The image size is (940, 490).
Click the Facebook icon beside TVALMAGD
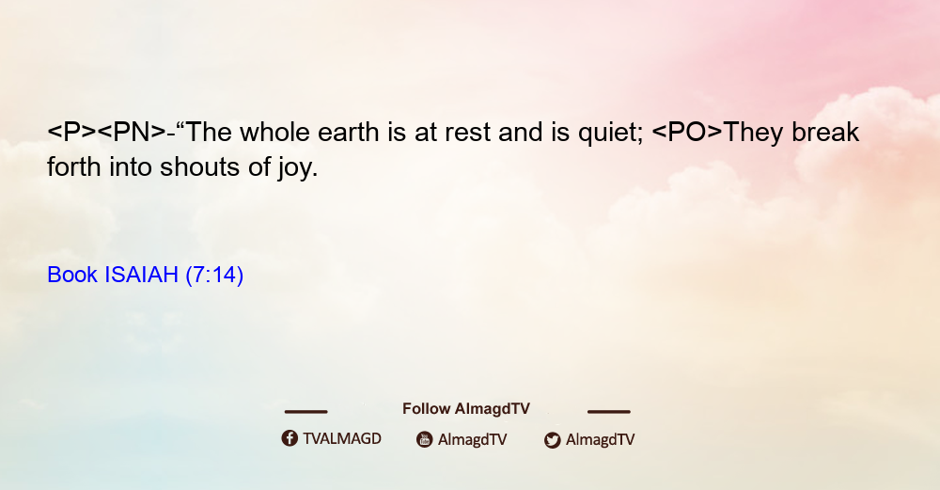tap(290, 438)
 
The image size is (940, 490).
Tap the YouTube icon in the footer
tap(425, 439)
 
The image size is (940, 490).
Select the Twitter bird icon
tap(552, 440)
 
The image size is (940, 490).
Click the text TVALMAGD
tap(342, 438)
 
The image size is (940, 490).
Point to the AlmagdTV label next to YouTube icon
tap(473, 439)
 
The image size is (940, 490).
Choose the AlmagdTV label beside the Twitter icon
tap(600, 439)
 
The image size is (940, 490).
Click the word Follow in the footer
tap(426, 408)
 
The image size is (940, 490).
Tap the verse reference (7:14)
tap(214, 275)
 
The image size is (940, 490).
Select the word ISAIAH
tap(142, 275)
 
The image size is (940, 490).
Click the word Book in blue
tap(72, 275)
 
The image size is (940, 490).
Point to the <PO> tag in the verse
tap(687, 132)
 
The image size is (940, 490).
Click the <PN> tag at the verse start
tap(132, 132)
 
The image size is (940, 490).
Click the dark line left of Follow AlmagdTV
tap(305, 412)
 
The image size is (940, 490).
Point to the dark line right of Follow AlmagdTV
tap(609, 412)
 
